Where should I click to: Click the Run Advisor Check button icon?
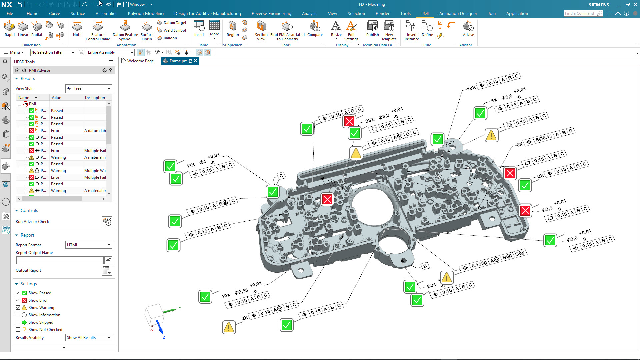click(107, 222)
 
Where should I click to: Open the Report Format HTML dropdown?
click(89, 245)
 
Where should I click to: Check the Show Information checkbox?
click(18, 315)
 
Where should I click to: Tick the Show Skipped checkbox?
click(18, 322)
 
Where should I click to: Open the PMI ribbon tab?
click(425, 14)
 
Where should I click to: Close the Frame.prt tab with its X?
click(196, 61)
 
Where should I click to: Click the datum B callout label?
click(425, 266)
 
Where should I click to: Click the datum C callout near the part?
click(281, 176)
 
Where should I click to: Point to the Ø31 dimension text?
click(431, 286)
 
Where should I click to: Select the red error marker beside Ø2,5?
click(525, 211)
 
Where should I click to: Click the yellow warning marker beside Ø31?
click(447, 278)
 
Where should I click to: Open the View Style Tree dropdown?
click(89, 88)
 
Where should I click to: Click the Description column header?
click(95, 98)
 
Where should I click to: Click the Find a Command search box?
click(580, 13)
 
